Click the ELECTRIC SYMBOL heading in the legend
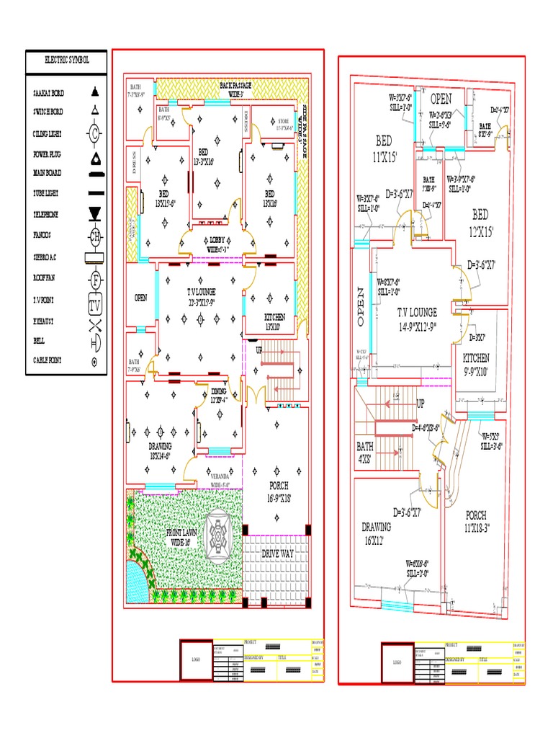pos(67,62)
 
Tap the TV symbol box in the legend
pos(94,306)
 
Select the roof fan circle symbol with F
pos(94,279)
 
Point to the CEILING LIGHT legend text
pos(48,134)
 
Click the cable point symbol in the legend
pos(94,363)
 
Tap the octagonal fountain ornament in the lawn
pos(219,536)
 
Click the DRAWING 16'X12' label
pos(377,533)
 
